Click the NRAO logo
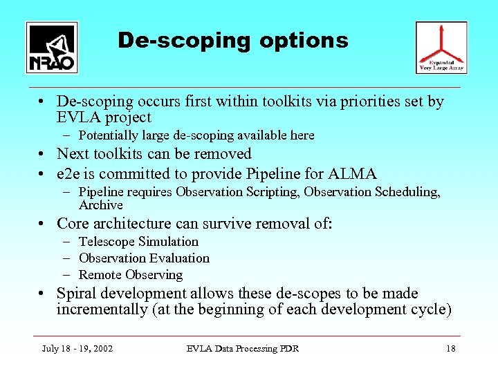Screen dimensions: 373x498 (x=52, y=47)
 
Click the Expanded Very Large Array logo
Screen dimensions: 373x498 (x=441, y=47)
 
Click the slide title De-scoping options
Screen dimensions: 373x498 (x=233, y=40)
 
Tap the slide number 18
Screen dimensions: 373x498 (x=450, y=349)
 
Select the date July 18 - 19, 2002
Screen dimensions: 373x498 (x=77, y=349)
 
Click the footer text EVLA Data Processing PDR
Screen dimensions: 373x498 (x=243, y=349)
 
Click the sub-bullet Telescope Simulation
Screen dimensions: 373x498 (x=138, y=242)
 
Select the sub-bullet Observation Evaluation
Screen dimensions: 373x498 (x=144, y=258)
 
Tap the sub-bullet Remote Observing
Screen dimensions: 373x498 (x=131, y=275)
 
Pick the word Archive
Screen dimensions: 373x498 (x=100, y=205)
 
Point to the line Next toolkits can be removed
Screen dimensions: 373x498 (x=154, y=154)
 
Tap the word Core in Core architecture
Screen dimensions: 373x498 (x=72, y=224)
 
